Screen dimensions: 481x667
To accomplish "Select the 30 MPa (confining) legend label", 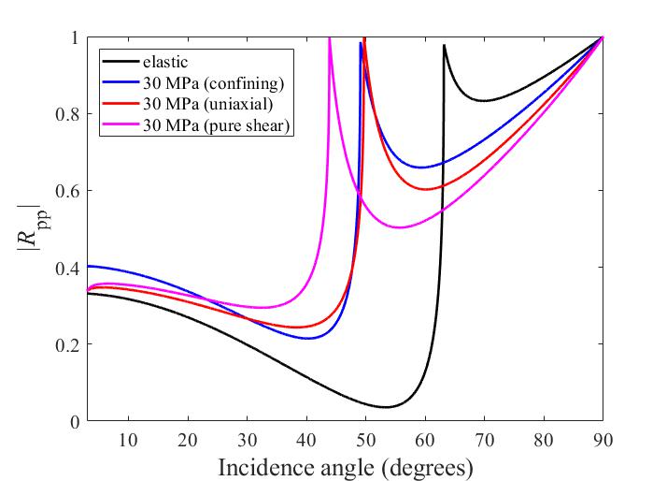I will pos(213,83).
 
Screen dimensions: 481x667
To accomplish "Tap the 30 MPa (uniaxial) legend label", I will pos(207,105).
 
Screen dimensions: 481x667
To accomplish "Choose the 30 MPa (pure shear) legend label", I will pos(218,126).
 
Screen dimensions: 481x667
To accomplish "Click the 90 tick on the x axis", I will pos(603,439).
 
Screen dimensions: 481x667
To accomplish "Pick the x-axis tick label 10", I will pos(128,439).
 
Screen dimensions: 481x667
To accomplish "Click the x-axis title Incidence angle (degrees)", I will pos(345,465).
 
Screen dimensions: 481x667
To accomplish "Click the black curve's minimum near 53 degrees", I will pos(387,407).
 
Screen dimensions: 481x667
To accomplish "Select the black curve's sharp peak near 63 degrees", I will pos(444,45).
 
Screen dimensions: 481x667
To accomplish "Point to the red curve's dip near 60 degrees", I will pos(429,189).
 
